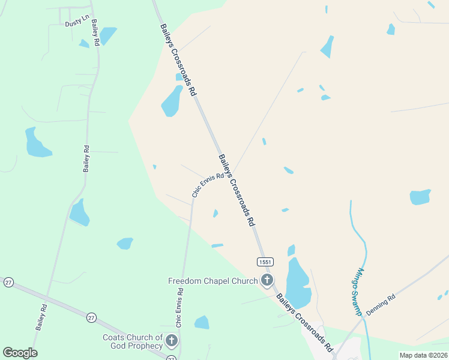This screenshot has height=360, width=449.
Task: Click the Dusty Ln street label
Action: coord(76,23)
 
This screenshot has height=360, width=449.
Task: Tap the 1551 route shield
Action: coord(265,262)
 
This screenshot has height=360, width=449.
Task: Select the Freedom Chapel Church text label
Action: coord(212,281)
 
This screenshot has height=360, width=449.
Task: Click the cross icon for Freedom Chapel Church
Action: coord(267,280)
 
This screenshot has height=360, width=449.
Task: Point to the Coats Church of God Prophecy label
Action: coord(132,342)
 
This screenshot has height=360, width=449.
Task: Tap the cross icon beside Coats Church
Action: coord(172,342)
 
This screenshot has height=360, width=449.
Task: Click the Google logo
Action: coord(20,353)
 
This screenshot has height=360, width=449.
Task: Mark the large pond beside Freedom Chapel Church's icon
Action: coord(298,282)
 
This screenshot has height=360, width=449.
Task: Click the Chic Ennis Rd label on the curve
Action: coord(207,185)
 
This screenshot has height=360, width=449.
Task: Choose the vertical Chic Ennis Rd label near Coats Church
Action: coord(179,308)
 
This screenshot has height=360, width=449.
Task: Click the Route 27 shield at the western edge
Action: coord(8,282)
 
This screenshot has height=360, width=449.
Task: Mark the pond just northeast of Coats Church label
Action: coord(202,323)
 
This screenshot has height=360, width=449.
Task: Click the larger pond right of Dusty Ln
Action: coord(107,35)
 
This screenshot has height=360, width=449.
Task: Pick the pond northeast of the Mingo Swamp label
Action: coord(420,197)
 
